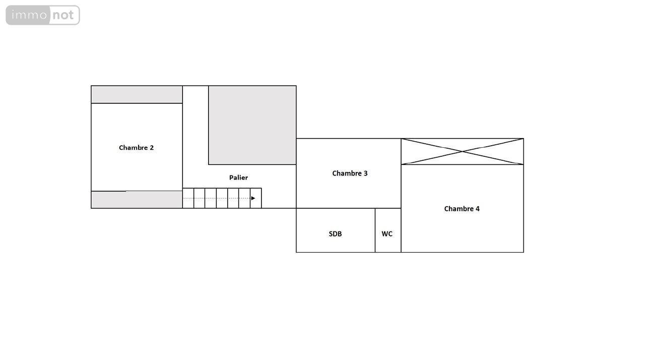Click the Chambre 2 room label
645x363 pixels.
(x=136, y=148)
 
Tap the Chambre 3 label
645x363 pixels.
(x=350, y=173)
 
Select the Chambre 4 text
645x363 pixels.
(x=462, y=209)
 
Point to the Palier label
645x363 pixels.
(x=238, y=178)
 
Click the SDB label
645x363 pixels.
(x=335, y=234)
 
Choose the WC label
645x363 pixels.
(x=387, y=234)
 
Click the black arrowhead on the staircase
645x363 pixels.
(x=253, y=198)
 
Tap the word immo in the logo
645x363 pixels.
(x=29, y=15)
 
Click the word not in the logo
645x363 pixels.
(x=63, y=15)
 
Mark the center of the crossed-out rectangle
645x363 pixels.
(x=462, y=152)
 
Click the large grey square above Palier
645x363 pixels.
(x=252, y=126)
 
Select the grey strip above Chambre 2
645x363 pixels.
(x=137, y=94)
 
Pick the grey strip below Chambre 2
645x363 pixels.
(x=137, y=200)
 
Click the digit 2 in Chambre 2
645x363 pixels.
(x=152, y=148)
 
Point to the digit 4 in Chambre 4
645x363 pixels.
(x=478, y=209)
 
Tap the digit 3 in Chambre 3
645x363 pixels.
(x=366, y=173)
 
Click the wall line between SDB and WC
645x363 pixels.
(x=375, y=230)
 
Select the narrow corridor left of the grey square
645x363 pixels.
(x=196, y=126)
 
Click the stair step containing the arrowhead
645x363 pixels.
(x=255, y=198)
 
